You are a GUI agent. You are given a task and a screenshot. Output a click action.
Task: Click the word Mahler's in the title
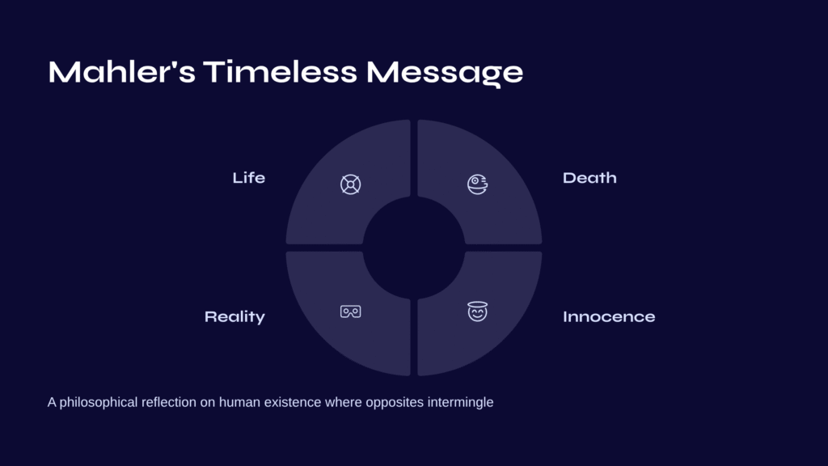coord(122,71)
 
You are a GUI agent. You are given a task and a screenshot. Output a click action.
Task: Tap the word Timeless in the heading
coord(281,71)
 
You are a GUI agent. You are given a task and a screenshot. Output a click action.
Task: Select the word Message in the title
coord(445,73)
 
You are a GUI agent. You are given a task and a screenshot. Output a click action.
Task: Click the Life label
coord(249,177)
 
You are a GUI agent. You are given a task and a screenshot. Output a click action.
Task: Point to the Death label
coord(589,177)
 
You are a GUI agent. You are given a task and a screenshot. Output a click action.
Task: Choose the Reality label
coord(234,316)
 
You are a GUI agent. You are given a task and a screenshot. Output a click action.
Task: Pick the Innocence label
coord(609,316)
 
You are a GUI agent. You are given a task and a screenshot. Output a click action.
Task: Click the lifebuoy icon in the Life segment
coord(351,184)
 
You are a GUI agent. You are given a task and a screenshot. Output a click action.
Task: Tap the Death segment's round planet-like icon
coord(477,184)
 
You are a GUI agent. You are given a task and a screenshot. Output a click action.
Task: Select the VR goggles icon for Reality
coord(351,311)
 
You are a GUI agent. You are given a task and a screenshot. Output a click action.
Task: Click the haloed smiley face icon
coord(477,311)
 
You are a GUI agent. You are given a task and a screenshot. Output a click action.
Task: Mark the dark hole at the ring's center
coord(414,248)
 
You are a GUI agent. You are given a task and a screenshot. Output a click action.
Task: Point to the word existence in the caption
coord(293,402)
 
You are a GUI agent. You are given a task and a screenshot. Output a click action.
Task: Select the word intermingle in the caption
coord(460,403)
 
